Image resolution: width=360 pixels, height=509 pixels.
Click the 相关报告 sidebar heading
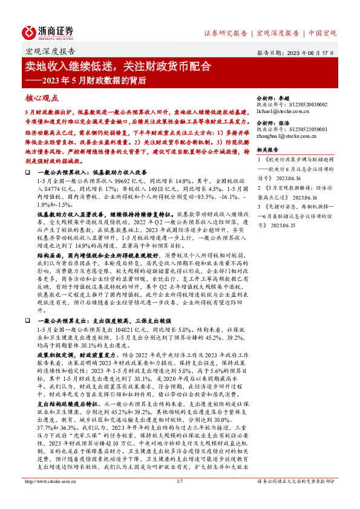[x=267, y=149]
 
